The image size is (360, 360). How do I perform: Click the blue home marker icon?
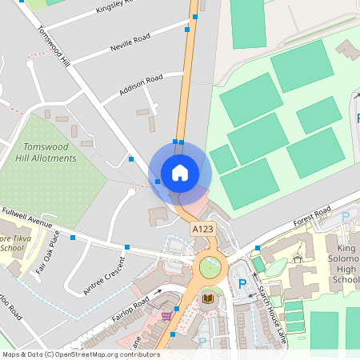click(x=180, y=173)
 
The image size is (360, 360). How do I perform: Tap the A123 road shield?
click(x=202, y=230)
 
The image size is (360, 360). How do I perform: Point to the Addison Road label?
click(x=141, y=84)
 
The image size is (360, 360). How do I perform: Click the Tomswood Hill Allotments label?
click(x=50, y=152)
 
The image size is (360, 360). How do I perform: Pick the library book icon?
click(x=208, y=299)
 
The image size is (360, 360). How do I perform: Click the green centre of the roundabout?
click(x=210, y=267)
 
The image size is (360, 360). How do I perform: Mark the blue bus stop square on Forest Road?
click(x=257, y=249)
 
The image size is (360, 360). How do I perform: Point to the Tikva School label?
click(x=13, y=243)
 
